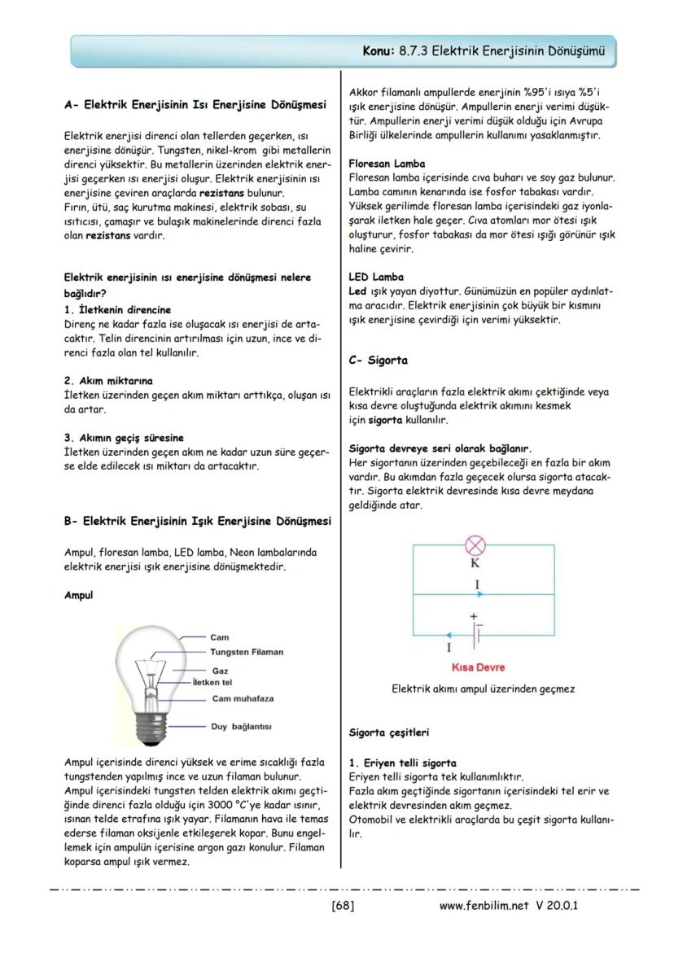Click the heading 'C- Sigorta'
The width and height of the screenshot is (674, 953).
(x=378, y=361)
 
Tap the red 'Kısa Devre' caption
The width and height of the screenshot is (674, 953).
(x=478, y=667)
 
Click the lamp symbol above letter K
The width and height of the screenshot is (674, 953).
(x=474, y=546)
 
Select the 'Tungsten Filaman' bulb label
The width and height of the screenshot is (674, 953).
(x=247, y=652)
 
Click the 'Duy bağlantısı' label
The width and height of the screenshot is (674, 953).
(x=241, y=726)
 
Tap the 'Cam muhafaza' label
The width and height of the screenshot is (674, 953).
(x=242, y=698)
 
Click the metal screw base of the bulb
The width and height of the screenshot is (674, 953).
(x=151, y=728)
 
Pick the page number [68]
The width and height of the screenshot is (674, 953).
(x=342, y=905)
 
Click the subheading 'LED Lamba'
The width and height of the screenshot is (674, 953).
(x=375, y=278)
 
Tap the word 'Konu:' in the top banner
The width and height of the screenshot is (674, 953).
(x=379, y=50)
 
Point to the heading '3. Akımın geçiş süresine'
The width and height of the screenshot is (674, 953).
(x=123, y=438)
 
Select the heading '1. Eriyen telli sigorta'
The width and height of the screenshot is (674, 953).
(x=402, y=763)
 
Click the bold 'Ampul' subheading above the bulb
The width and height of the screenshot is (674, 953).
(x=78, y=596)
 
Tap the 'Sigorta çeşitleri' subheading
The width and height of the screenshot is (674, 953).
(x=388, y=732)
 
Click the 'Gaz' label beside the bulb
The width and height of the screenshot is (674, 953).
(x=219, y=671)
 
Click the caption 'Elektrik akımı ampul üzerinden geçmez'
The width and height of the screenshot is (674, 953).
(x=483, y=689)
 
